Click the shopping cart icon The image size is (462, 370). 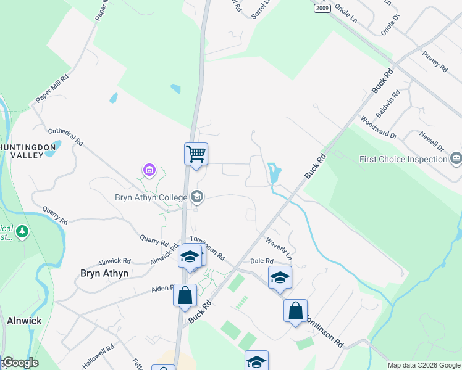196,154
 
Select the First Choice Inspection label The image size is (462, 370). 403,159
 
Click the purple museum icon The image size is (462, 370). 149,169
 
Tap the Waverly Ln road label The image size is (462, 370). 279,248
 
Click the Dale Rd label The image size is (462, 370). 261,261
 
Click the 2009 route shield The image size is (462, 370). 322,8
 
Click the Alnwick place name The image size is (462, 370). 24,321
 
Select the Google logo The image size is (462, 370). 20,363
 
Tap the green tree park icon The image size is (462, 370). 22,232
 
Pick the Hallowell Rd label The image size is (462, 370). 98,356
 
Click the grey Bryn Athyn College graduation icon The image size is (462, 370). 197,197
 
